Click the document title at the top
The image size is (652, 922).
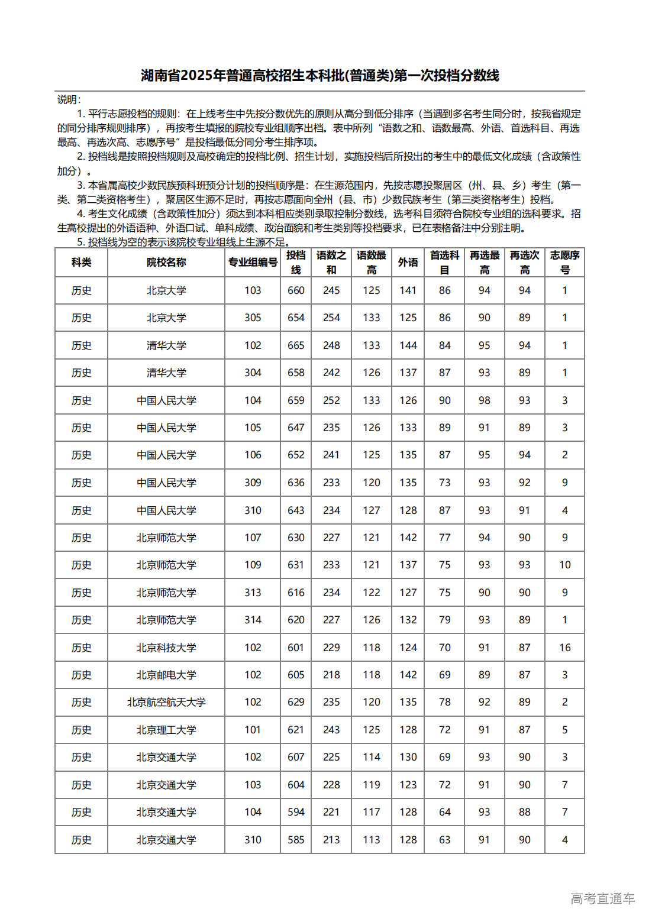tap(319, 76)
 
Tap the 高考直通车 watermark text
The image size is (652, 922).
tap(602, 898)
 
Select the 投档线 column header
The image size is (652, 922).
tap(296, 262)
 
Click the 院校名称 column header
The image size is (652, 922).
tap(166, 262)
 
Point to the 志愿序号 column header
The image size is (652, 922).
tap(564, 262)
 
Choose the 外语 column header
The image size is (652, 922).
tap(408, 262)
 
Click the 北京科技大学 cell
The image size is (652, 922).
tap(166, 648)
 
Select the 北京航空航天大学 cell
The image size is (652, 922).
tap(166, 702)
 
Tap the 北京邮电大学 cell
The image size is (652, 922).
tap(166, 675)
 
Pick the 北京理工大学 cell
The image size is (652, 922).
tap(166, 730)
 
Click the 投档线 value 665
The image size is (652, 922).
tap(296, 345)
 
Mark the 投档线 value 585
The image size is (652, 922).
tap(296, 840)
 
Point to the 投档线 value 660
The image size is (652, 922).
tap(296, 290)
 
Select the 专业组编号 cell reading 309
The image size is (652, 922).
tap(253, 483)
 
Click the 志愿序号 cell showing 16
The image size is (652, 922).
tap(564, 648)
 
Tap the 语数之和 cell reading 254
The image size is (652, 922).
tap(331, 318)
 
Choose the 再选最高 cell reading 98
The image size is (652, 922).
tap(484, 400)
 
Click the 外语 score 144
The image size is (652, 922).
tap(408, 345)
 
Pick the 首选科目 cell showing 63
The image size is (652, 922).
tap(444, 840)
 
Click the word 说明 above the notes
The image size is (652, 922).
tap(68, 99)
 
